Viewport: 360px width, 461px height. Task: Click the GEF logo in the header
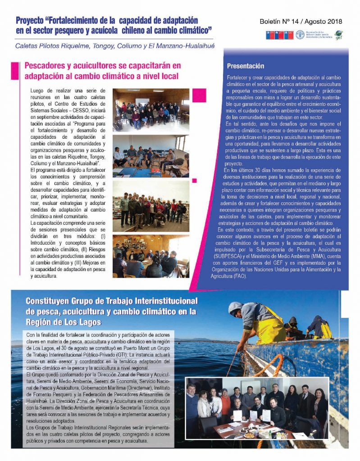338,35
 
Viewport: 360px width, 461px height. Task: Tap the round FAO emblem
300,35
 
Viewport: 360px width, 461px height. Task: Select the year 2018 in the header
335,21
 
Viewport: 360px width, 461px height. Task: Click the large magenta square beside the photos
199,95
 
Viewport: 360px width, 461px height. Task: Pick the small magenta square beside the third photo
194,181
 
